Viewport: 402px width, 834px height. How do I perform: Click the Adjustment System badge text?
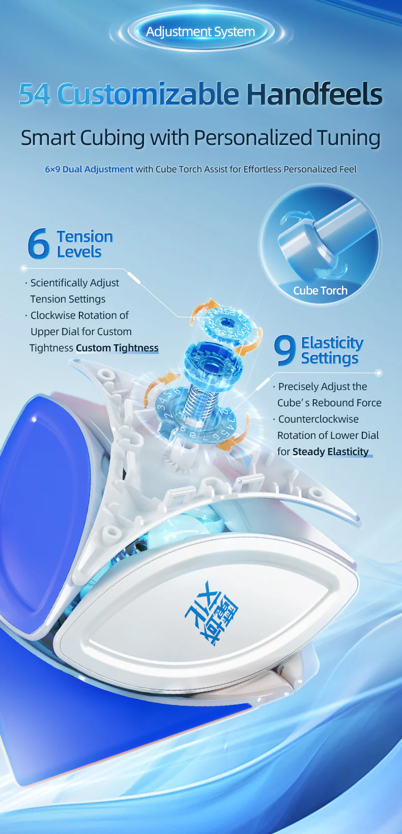click(200, 32)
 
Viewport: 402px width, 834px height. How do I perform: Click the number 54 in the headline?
click(34, 94)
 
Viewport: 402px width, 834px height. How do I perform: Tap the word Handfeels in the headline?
click(314, 94)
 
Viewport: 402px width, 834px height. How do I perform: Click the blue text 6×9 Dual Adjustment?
click(89, 169)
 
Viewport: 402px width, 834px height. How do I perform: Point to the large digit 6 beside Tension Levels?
click(38, 244)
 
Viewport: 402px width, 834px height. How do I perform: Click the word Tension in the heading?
click(84, 236)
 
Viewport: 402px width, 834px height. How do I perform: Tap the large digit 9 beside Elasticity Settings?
click(284, 350)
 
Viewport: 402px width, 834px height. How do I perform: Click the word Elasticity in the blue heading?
click(332, 343)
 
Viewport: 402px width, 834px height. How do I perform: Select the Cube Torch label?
click(321, 290)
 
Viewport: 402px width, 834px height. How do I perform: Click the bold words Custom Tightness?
click(118, 348)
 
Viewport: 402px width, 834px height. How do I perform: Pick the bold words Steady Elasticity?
click(330, 452)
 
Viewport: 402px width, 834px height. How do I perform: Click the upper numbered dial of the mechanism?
click(225, 322)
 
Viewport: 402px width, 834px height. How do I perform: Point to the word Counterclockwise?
click(319, 419)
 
